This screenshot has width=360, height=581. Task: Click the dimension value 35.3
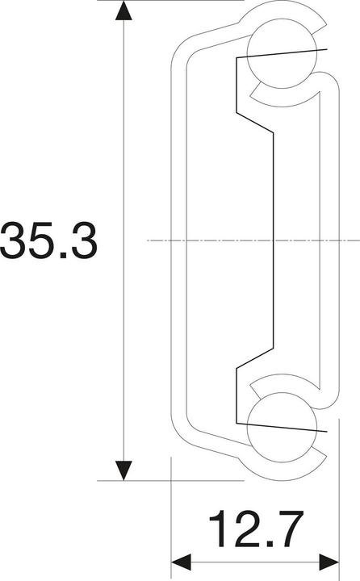tap(48, 240)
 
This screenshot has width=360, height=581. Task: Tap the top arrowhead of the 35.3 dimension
tap(123, 11)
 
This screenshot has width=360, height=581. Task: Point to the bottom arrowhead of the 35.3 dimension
tap(123, 469)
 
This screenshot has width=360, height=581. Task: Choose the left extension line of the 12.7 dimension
tap(172, 516)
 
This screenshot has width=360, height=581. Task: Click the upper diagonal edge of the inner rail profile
tap(253, 122)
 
